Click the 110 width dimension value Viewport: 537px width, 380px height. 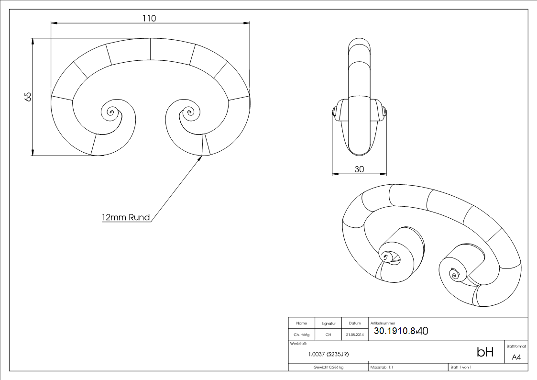pos(149,19)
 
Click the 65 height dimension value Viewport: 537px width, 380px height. pos(28,97)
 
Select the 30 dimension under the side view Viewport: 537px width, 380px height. pos(359,169)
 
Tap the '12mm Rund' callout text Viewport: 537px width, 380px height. pos(126,218)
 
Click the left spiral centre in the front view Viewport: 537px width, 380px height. pos(110,112)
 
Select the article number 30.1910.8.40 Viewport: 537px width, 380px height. pos(401,331)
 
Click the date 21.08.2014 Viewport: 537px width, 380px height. pos(355,335)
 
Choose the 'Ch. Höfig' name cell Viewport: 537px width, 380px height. pos(301,335)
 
